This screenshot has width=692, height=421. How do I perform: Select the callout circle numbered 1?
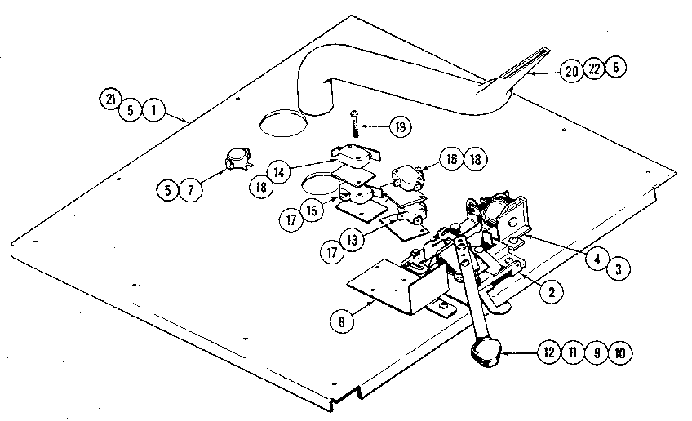coord(152,109)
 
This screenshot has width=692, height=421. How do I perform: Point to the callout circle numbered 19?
coord(400,127)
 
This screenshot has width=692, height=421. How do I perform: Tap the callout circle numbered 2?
coord(552,290)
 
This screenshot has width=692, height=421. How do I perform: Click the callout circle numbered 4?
coord(597,261)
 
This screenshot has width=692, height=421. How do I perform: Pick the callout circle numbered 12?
coord(545,354)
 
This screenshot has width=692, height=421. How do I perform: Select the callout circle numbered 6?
coord(619,71)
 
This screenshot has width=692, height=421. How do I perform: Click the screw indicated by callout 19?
coord(356,122)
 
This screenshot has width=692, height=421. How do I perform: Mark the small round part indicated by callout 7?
coord(237,162)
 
